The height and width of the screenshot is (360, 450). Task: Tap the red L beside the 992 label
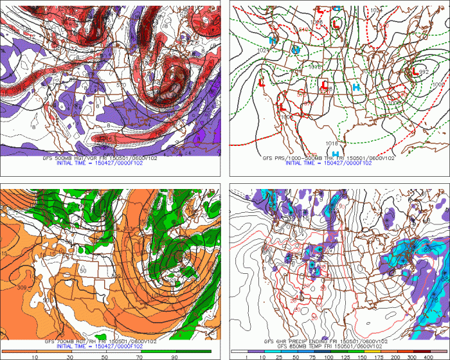pyautogui.click(x=415, y=72)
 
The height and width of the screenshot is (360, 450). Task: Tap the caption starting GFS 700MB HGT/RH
pyautogui.click(x=105, y=341)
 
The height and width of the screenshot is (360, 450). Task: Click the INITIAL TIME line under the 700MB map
pyautogui.click(x=105, y=346)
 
